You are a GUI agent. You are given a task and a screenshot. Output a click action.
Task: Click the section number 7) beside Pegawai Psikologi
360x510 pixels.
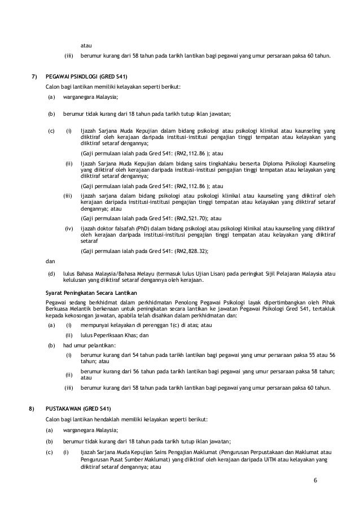(x=33, y=76)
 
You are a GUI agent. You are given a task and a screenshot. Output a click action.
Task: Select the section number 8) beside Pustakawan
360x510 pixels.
(x=33, y=408)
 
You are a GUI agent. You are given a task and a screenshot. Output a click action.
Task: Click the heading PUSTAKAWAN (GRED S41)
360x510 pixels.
(x=78, y=408)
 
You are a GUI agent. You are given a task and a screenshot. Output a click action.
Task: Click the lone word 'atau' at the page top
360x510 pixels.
(x=86, y=45)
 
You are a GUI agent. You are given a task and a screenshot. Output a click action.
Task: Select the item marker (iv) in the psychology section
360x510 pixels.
(x=69, y=229)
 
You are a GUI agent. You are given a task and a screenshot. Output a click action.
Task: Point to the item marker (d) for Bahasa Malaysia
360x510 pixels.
(x=51, y=273)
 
